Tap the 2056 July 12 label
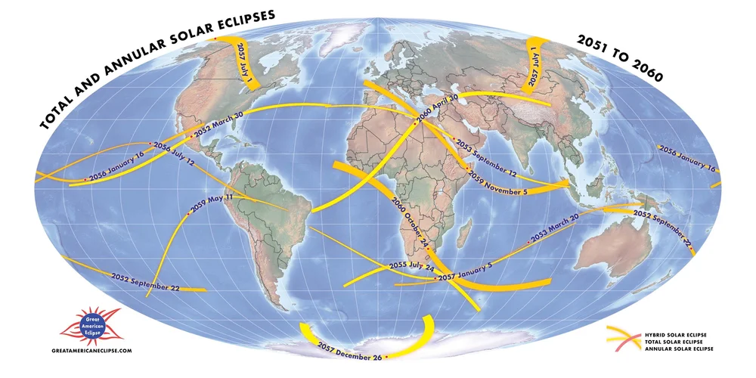pyautogui.click(x=174, y=153)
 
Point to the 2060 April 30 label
pyautogui.click(x=438, y=110)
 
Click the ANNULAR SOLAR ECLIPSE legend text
pyautogui.click(x=678, y=349)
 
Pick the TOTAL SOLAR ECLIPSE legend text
pyautogui.click(x=676, y=341)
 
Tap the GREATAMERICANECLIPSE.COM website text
pyautogui.click(x=92, y=351)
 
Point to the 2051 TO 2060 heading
pyautogui.click(x=619, y=58)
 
